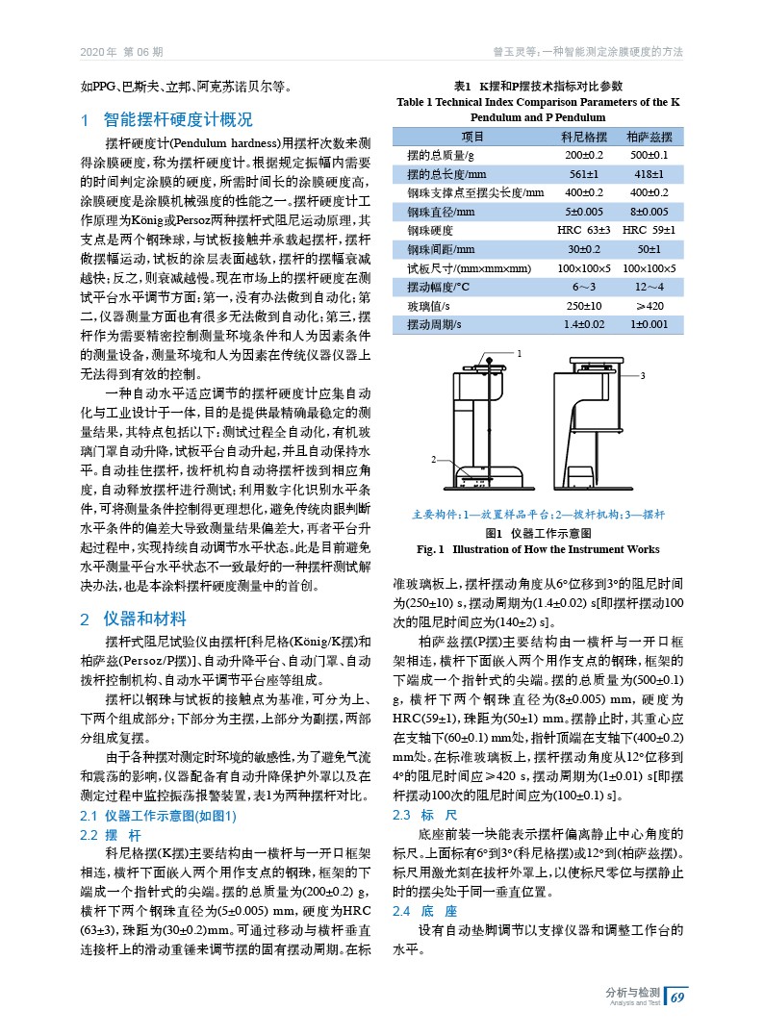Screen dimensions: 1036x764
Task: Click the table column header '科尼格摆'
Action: pos(583,138)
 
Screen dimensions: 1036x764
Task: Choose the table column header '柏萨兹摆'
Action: pos(649,138)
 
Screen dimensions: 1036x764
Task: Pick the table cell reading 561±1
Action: pos(583,174)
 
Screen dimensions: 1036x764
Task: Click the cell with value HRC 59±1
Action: pos(649,230)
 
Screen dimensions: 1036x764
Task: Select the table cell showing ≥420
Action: pos(649,306)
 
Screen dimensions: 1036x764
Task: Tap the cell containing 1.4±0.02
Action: pos(583,325)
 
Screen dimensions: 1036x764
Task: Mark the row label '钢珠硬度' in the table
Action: pos(429,230)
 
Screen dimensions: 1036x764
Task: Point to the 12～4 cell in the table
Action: pos(649,287)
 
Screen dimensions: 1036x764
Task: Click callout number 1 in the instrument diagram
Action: pos(521,353)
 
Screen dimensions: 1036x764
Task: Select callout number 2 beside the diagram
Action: pos(434,461)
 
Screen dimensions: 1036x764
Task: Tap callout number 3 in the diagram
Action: pos(642,374)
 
